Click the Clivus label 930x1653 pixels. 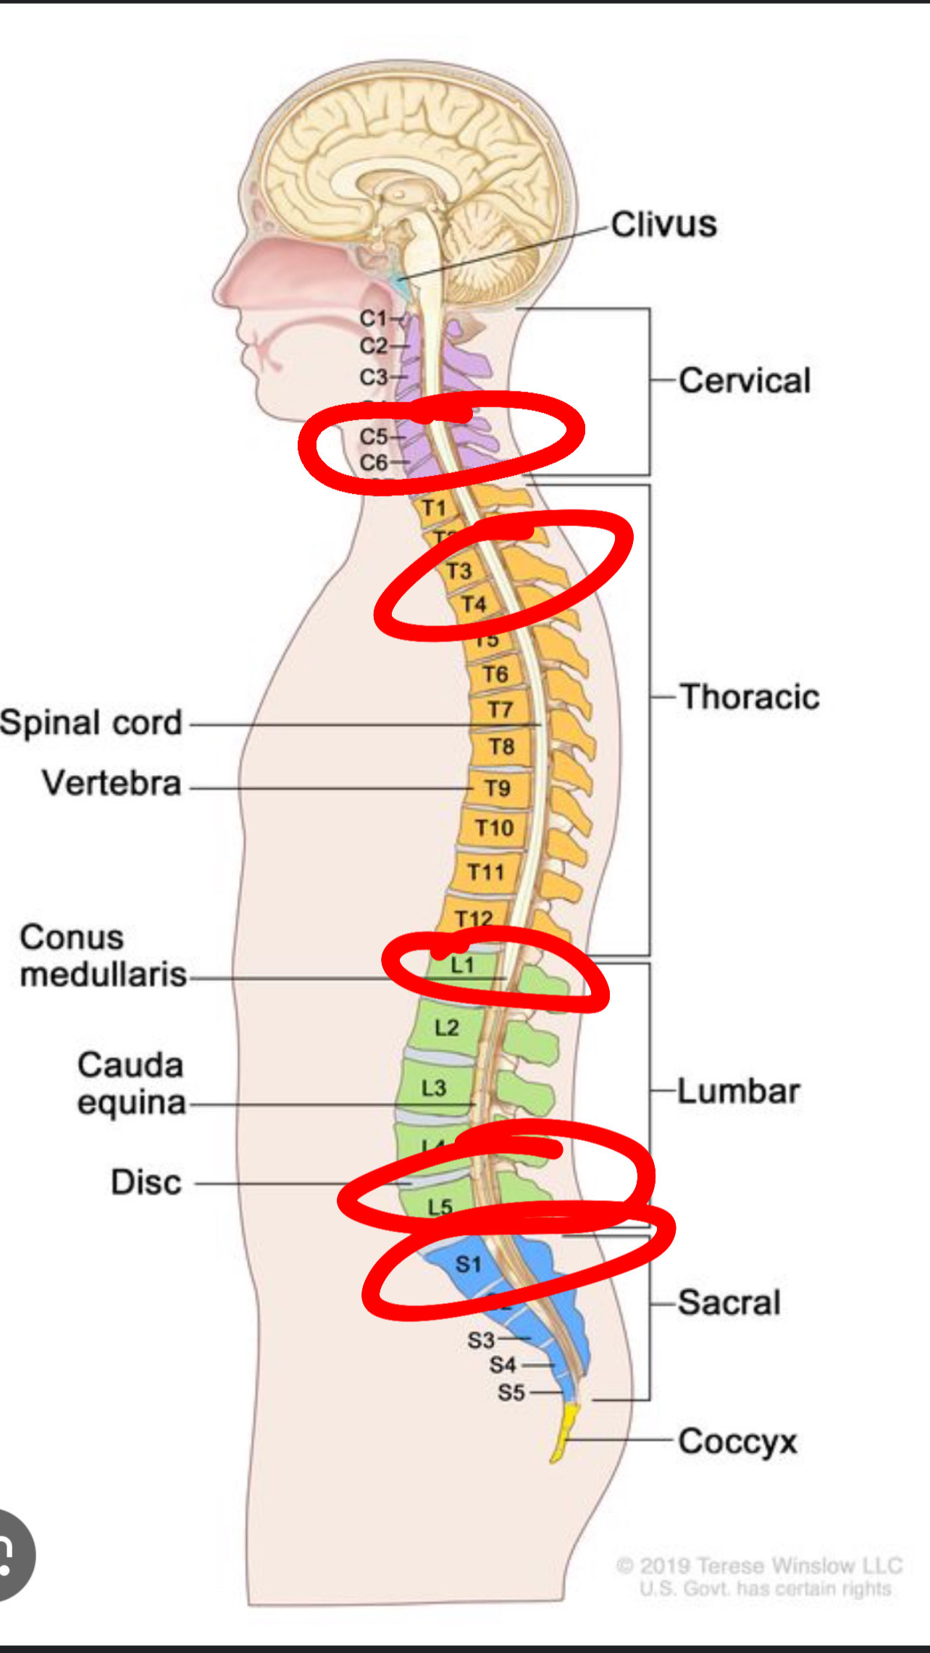(663, 225)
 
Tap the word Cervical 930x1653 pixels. (745, 381)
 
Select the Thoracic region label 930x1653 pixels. (749, 697)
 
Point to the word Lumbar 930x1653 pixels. (738, 1091)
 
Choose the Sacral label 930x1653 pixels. (729, 1302)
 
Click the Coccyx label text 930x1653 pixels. (737, 1441)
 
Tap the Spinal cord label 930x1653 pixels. (91, 723)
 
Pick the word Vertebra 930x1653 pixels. (112, 783)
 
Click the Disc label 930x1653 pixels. (146, 1182)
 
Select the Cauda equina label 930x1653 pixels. (131, 1084)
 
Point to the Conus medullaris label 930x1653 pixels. (103, 956)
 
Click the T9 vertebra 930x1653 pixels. (498, 788)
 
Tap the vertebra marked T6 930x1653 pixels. (495, 674)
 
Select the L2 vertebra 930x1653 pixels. (447, 1027)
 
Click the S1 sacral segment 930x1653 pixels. (469, 1265)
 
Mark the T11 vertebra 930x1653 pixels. (485, 871)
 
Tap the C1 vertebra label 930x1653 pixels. (374, 318)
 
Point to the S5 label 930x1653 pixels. (511, 1392)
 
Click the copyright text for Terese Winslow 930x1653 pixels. (759, 1566)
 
